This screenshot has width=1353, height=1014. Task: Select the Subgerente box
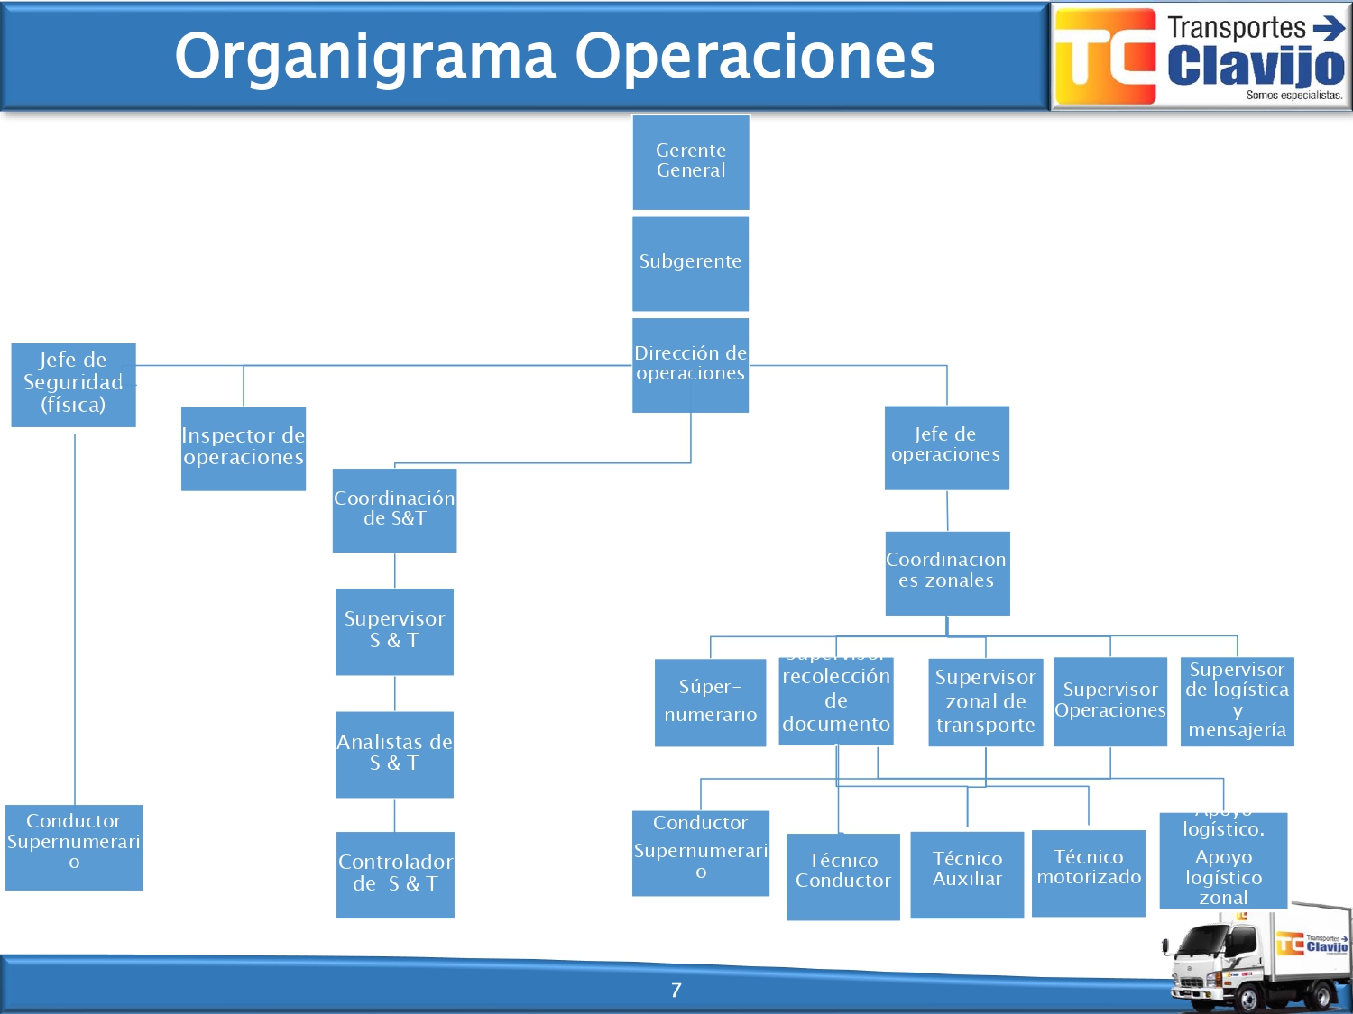690,263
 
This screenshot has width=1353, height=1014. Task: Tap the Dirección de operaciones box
690,364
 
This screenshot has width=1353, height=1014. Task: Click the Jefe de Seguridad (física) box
73,384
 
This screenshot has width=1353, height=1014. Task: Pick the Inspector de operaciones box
243,448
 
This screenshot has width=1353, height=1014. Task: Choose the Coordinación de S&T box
394,509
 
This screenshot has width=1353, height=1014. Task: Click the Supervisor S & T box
394,631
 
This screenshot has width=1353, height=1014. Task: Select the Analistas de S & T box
394,754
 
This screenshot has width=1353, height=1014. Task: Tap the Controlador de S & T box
395,874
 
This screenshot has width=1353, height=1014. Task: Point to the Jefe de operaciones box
946,447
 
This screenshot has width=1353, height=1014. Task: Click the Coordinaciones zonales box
947,572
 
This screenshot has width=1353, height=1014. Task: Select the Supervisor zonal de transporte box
985,701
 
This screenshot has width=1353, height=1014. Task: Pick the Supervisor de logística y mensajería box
1237,700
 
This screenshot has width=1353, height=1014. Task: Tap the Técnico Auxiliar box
967,873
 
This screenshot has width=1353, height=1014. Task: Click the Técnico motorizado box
1088,872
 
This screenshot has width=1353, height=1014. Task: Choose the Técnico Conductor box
842,875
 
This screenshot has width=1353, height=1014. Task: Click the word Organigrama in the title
364,56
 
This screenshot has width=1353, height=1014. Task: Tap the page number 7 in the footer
676,990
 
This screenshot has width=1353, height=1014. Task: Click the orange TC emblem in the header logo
1106,56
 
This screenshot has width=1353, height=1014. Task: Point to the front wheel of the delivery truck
1248,999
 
